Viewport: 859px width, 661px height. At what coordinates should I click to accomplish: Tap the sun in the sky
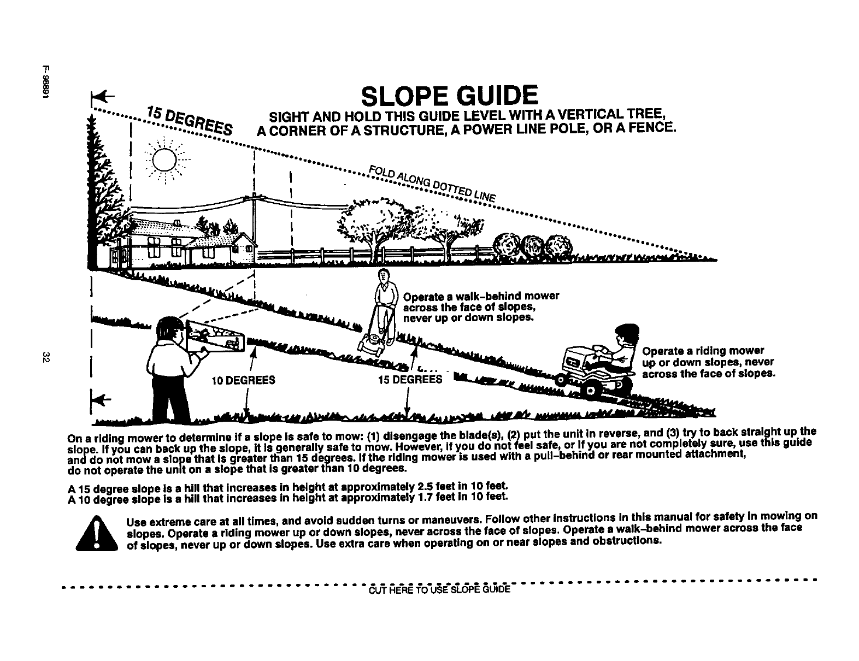(x=163, y=160)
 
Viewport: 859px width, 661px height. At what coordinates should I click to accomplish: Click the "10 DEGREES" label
(x=243, y=380)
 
